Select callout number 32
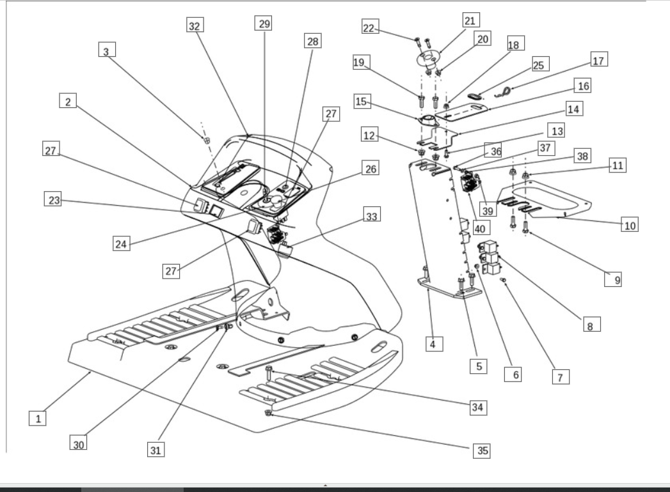coord(195,26)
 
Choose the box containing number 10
coord(630,226)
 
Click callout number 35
coord(483,450)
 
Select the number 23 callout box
coord(53,199)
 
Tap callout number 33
coord(370,217)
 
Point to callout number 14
coord(573,109)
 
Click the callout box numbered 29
coord(264,24)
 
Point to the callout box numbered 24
coord(122,243)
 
